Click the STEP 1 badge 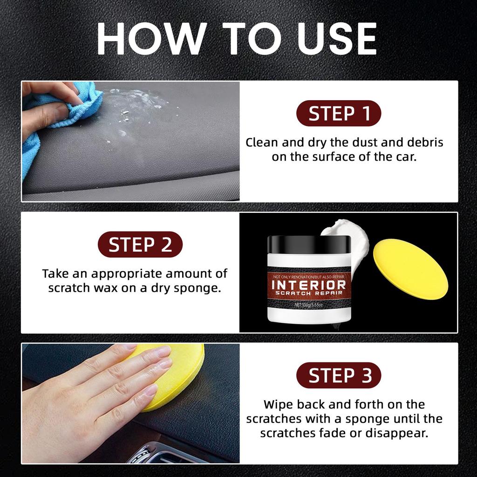click(x=339, y=113)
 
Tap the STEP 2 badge click(x=140, y=244)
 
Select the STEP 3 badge click(x=339, y=375)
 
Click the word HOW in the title click(x=150, y=39)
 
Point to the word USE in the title click(x=337, y=39)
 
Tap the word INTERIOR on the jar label click(x=309, y=285)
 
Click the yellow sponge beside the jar click(x=410, y=269)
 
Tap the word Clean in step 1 click(x=262, y=143)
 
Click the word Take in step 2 click(x=55, y=273)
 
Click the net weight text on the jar click(x=308, y=305)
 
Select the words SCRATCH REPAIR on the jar click(x=309, y=293)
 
